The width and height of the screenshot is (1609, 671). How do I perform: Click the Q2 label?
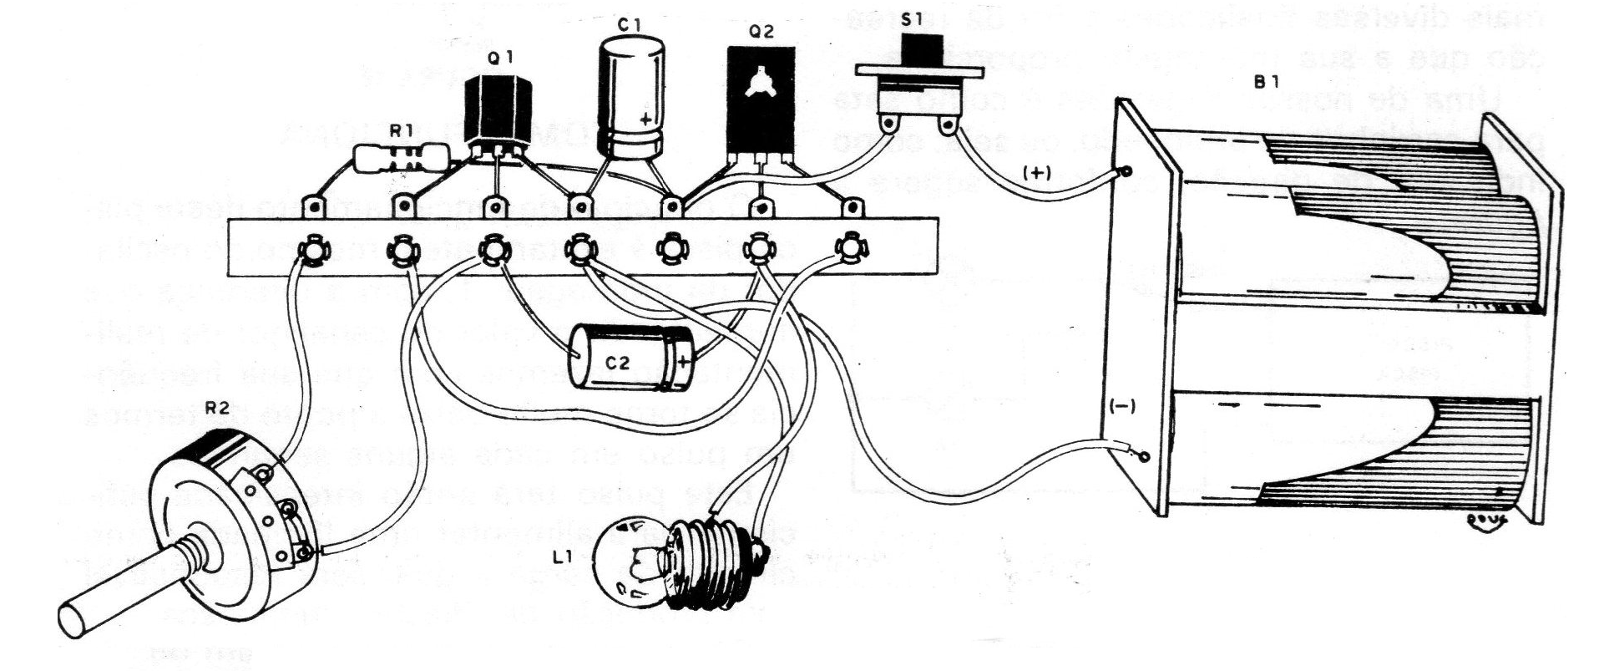point(761,33)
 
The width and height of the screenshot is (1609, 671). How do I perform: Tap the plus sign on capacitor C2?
point(683,361)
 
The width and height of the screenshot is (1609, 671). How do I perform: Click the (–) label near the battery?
point(1121,405)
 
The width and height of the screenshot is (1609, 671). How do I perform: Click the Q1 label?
point(500,58)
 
